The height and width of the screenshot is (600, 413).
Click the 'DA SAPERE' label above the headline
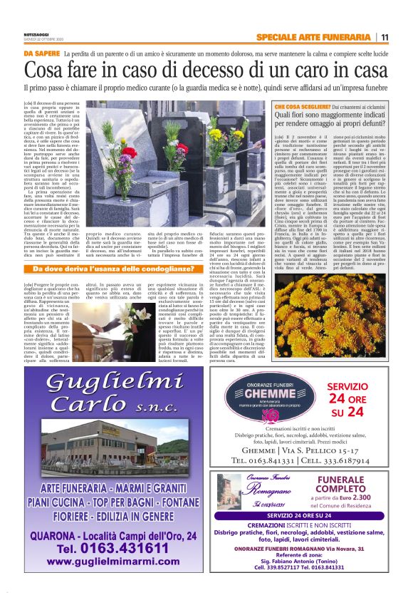coord(41,53)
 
